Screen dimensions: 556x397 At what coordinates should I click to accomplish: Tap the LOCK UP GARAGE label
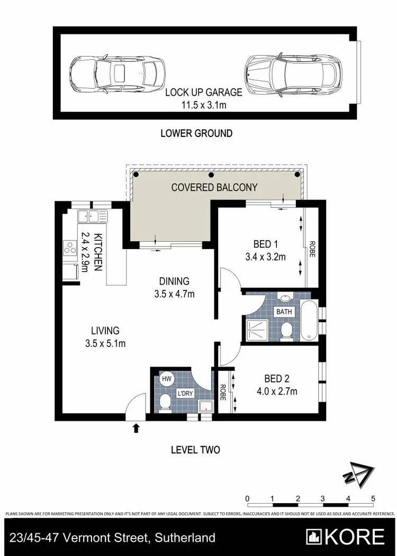[x=203, y=93]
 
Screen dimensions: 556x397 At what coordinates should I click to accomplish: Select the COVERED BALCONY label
[x=214, y=187]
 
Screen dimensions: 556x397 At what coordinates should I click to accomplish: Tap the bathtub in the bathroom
[x=309, y=321]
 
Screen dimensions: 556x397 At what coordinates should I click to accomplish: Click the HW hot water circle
[x=167, y=379]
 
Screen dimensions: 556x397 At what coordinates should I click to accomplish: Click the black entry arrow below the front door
[x=136, y=427]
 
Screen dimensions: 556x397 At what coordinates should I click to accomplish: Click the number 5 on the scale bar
[x=373, y=498]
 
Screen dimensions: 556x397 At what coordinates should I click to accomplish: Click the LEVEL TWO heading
[x=195, y=450]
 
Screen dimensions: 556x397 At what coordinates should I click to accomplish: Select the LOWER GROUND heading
[x=196, y=133]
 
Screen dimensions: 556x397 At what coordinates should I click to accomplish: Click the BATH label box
[x=284, y=312]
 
